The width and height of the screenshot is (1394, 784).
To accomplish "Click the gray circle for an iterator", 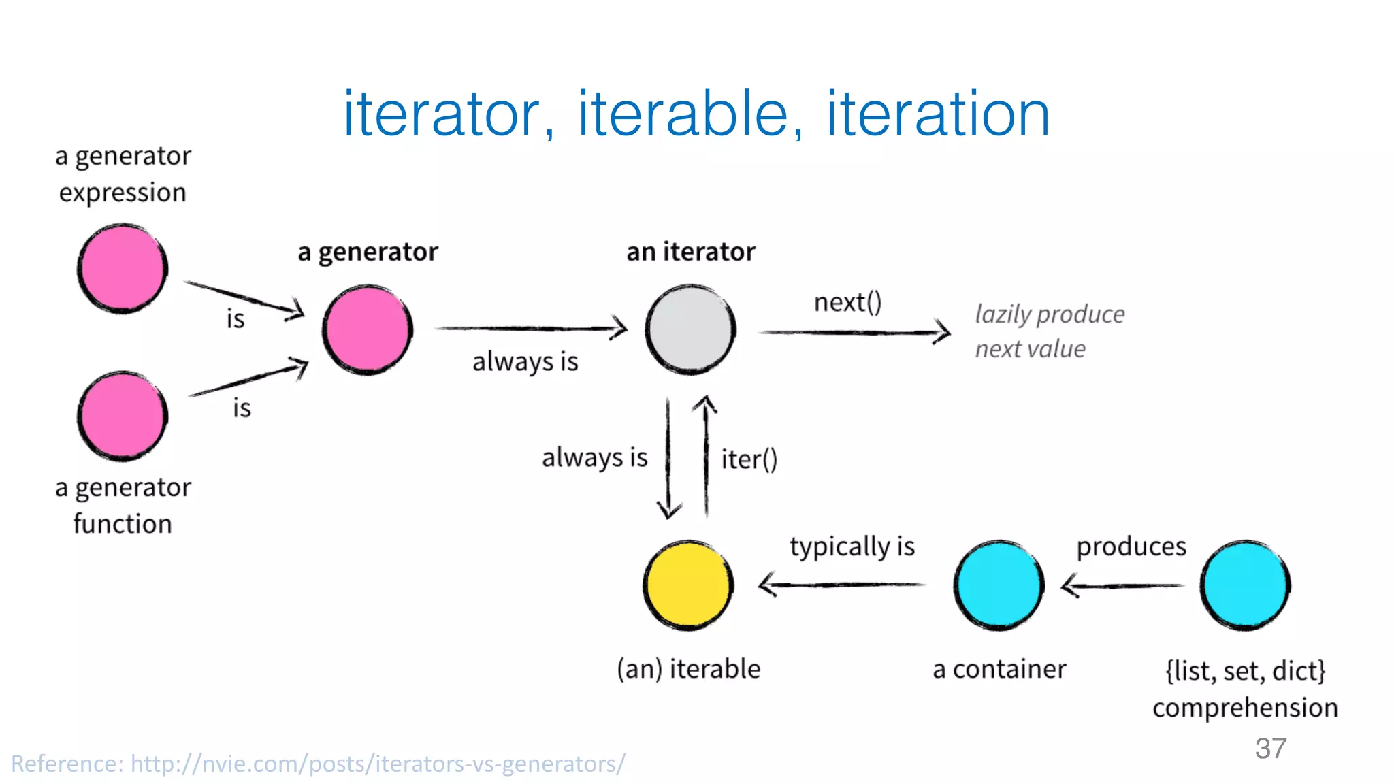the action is (690, 330).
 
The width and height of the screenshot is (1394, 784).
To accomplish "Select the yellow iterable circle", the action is (688, 585).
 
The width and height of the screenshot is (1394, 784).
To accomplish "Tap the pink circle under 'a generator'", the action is (367, 330).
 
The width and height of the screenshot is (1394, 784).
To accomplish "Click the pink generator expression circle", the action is (123, 268).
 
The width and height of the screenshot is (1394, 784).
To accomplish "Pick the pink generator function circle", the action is (123, 416).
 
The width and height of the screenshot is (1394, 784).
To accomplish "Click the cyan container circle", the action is (999, 585).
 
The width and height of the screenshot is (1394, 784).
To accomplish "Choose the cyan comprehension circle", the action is (1245, 585).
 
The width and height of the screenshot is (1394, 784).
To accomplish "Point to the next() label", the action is (847, 302).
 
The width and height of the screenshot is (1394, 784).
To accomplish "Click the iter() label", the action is (749, 459).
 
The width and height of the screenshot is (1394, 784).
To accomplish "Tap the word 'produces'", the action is (1131, 546).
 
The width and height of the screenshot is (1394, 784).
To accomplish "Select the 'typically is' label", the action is (852, 547).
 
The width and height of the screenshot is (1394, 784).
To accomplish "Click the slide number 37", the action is (1270, 749).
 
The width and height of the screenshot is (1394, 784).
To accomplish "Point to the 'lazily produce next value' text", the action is (1048, 331).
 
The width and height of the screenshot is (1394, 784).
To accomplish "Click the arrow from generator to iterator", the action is (531, 329).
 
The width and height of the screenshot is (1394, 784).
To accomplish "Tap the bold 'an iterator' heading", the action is (690, 252).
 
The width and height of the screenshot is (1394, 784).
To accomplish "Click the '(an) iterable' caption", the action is (688, 669).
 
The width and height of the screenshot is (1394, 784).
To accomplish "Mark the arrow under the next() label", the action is (854, 332).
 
